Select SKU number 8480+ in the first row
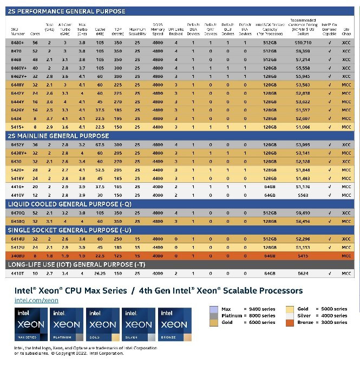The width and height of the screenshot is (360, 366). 17,42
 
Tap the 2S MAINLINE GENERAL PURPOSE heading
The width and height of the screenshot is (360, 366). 67,136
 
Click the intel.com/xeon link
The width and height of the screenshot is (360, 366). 36,300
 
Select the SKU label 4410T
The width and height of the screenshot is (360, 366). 17,274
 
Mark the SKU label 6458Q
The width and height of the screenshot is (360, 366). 17,221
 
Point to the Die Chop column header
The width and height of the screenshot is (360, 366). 346,30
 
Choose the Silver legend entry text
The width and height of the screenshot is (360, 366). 325,315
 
